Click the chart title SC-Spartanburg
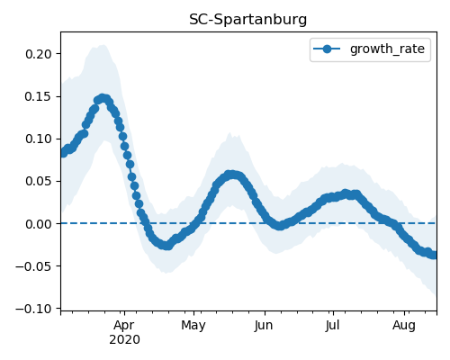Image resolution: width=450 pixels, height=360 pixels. pos(247,20)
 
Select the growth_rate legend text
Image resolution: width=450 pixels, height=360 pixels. pos(387,49)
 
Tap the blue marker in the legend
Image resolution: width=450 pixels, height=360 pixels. pos(327,49)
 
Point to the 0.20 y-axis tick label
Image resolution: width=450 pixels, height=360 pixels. pos(39,54)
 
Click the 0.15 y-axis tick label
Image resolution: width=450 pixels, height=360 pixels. pos(39,96)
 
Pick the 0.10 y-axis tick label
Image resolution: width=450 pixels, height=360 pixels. pos(39,139)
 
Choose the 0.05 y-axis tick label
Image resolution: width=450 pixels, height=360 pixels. pos(39,182)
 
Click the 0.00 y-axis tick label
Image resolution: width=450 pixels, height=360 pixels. pos(39,224)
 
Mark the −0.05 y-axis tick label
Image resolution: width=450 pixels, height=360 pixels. pos(34,266)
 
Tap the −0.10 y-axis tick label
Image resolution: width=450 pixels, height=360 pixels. pos(34,309)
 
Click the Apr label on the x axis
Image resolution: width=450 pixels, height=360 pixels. pos(124,326)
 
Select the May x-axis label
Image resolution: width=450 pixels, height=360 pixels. pos(193,326)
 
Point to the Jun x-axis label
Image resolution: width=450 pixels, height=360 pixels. pos(264,326)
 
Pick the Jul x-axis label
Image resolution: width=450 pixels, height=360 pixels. pos(333,326)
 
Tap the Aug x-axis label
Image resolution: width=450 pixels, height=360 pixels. pos(404,326)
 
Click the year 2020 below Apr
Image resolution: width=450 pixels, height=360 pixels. pos(124,340)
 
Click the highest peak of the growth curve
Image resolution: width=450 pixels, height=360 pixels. pos(103,98)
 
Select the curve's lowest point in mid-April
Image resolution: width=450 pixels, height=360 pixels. pos(167,246)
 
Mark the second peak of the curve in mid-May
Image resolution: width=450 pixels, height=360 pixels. pos(231,175)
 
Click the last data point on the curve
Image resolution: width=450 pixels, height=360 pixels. pos(434,255)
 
